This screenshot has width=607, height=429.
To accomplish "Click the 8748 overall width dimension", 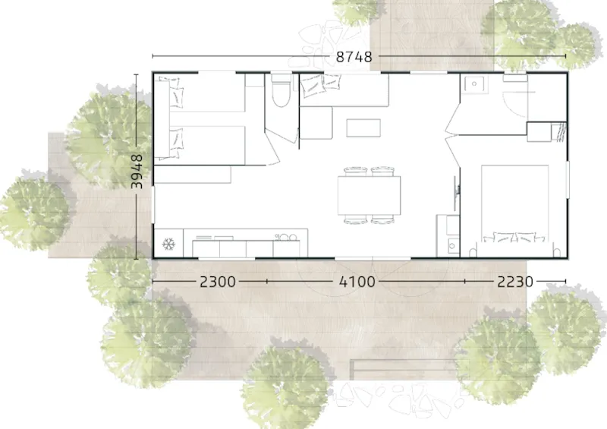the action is [354, 57].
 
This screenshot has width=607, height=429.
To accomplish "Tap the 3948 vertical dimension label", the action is [137, 172].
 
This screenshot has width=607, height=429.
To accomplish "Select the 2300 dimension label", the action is [218, 282].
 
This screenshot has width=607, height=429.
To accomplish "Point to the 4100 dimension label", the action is [357, 282].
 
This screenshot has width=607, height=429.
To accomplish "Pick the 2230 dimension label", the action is [515, 282].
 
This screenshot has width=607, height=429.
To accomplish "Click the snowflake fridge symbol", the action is [168, 244].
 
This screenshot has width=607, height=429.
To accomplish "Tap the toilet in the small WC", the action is [281, 90].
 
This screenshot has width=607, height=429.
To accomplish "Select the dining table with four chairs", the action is [369, 195].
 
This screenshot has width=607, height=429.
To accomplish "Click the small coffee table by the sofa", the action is [363, 128].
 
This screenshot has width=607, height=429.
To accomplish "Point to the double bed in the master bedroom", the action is [515, 203].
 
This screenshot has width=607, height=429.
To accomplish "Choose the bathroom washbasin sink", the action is [473, 84].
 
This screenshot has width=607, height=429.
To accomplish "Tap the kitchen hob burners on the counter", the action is [286, 237].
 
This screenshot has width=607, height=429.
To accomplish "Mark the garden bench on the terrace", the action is [403, 369].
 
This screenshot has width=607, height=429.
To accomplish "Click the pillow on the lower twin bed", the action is [176, 144].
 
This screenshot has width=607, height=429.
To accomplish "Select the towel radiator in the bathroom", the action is [558, 132].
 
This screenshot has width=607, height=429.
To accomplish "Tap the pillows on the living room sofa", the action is [320, 84].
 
